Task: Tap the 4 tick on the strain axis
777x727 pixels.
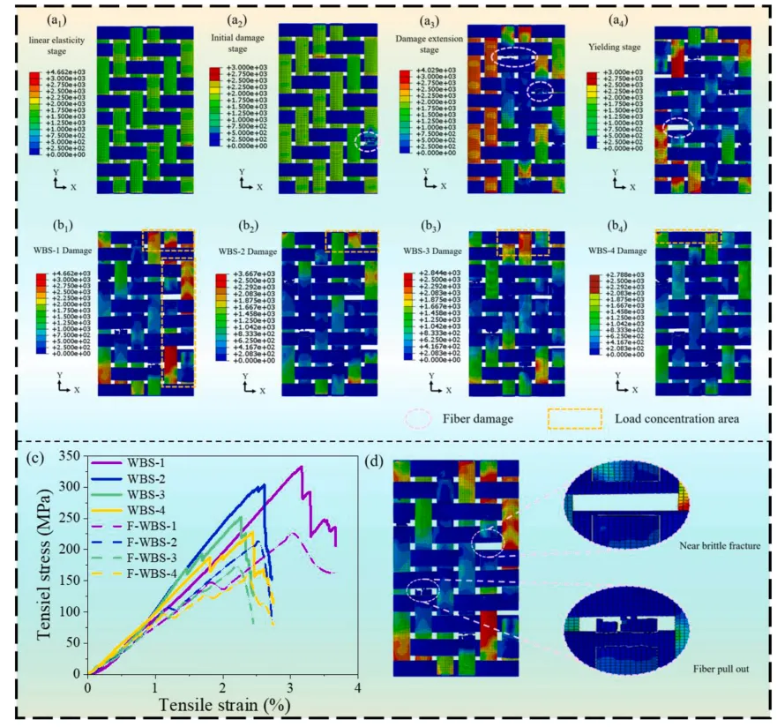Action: tap(358, 686)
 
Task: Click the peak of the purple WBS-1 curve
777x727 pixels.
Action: tap(301, 467)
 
